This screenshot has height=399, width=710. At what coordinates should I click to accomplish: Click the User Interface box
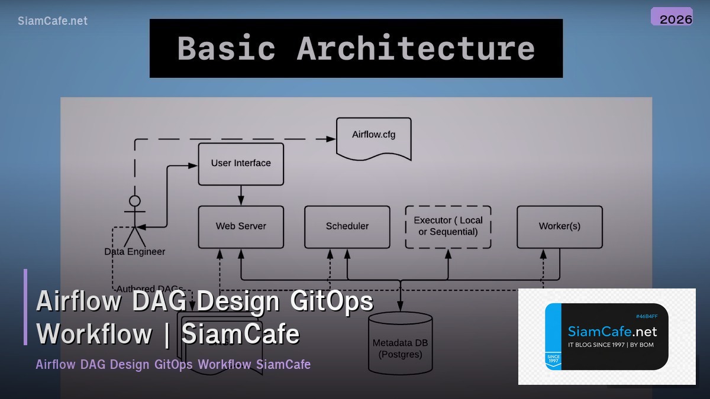tap(241, 164)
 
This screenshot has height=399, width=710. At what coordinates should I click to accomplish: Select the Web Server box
tap(241, 226)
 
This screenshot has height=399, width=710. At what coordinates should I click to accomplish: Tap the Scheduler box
tap(347, 226)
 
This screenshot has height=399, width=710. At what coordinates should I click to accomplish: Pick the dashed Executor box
tap(448, 226)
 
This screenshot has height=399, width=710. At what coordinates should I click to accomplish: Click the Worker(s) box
tap(560, 226)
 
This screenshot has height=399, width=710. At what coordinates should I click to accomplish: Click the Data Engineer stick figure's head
tap(135, 201)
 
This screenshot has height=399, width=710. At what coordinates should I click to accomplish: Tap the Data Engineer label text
tap(135, 252)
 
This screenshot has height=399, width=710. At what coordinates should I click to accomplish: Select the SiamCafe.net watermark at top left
tap(53, 21)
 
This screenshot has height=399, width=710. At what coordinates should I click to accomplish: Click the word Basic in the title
tap(226, 48)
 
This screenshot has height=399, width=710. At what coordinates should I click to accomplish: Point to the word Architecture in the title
tap(415, 48)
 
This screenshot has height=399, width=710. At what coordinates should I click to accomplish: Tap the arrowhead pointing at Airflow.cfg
tap(331, 139)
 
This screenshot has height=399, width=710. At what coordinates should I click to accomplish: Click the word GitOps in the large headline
tap(332, 301)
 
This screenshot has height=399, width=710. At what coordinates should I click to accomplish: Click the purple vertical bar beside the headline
tap(25, 307)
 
